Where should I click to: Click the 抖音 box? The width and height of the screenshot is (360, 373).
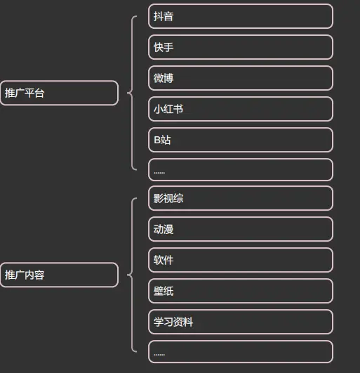click(x=241, y=16)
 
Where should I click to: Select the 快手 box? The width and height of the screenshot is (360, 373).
click(x=241, y=47)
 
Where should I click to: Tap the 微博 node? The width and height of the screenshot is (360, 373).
click(x=241, y=78)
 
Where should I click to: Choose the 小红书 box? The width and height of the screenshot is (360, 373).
click(x=241, y=109)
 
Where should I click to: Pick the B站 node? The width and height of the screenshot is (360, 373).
click(x=241, y=140)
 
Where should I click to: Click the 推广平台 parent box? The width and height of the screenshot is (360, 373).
click(x=59, y=93)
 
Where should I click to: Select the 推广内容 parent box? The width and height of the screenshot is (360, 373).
click(x=59, y=275)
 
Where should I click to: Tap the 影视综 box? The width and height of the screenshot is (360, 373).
click(x=241, y=198)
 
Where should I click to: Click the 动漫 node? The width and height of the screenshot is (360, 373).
click(x=241, y=229)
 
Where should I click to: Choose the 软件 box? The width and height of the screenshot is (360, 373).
click(x=241, y=260)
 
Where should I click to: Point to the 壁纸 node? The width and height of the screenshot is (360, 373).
click(x=241, y=291)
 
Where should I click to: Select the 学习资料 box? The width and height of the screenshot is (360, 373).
click(x=241, y=322)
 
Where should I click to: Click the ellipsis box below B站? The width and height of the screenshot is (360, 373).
click(x=241, y=170)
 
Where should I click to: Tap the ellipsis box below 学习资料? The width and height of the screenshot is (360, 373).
click(x=241, y=352)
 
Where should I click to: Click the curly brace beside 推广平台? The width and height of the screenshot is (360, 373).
click(x=132, y=93)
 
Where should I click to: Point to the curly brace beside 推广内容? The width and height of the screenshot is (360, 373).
click(x=132, y=275)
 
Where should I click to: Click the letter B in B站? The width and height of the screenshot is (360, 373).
click(x=157, y=140)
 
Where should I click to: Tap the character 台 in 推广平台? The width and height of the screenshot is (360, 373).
click(x=39, y=93)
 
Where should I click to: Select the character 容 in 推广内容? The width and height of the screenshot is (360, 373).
click(x=39, y=275)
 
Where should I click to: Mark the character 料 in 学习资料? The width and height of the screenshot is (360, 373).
click(x=188, y=322)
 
